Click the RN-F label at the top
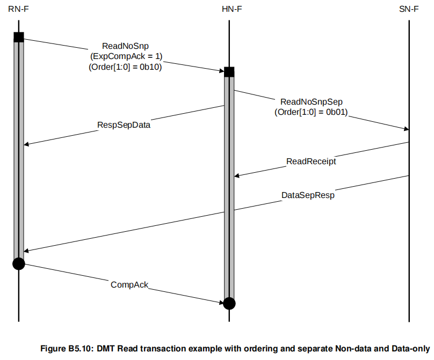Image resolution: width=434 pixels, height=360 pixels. click(x=18, y=9)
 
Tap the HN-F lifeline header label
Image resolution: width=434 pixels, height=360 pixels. click(x=229, y=9)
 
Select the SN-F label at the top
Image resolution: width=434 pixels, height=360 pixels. click(x=409, y=9)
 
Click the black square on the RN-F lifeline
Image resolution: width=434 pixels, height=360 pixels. click(x=19, y=37)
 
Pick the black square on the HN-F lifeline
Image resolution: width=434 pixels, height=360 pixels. click(x=229, y=72)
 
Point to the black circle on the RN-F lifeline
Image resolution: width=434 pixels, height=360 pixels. click(x=19, y=263)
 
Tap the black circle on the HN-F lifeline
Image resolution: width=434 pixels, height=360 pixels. click(x=229, y=304)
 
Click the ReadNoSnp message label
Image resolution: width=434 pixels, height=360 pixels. click(x=125, y=46)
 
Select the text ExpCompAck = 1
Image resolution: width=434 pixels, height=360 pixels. click(x=125, y=56)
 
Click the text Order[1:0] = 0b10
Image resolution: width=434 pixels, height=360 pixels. click(x=125, y=67)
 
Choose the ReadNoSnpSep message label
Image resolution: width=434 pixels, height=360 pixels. click(x=312, y=101)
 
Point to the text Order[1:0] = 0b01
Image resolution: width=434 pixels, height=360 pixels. click(x=312, y=112)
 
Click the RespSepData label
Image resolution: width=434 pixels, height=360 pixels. click(x=124, y=124)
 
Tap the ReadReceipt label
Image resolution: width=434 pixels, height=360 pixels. click(x=311, y=160)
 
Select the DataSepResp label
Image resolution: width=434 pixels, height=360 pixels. click(x=308, y=195)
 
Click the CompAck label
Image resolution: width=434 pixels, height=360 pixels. click(x=129, y=284)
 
